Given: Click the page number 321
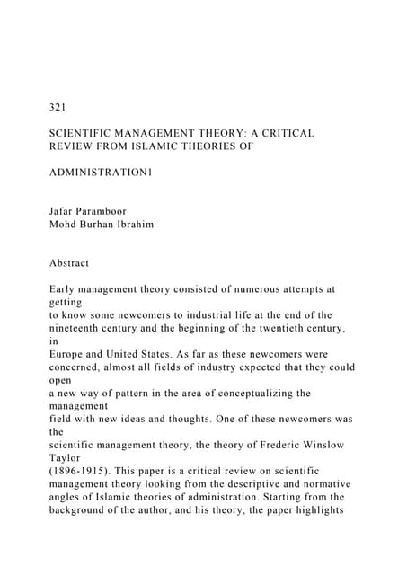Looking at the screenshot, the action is tap(59, 107).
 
